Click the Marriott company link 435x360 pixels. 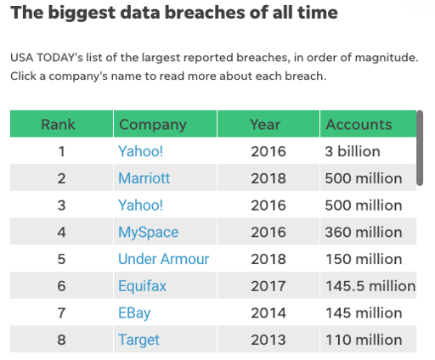click(144, 178)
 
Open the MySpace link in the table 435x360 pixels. click(148, 232)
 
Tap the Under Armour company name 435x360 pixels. click(163, 259)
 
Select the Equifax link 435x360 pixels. click(142, 286)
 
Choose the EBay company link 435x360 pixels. click(134, 313)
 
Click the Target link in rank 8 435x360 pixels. click(138, 340)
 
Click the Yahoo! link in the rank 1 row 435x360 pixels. click(140, 151)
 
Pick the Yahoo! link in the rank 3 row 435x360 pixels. click(140, 205)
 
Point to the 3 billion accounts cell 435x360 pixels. click(353, 151)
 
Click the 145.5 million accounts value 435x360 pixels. click(370, 286)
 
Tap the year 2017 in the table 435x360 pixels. click(268, 286)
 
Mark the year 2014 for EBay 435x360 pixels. click(268, 313)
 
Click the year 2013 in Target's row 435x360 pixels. click(268, 340)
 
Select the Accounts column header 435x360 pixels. click(359, 124)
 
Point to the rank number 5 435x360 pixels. click(61, 259)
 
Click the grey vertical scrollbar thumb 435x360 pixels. click(420, 148)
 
